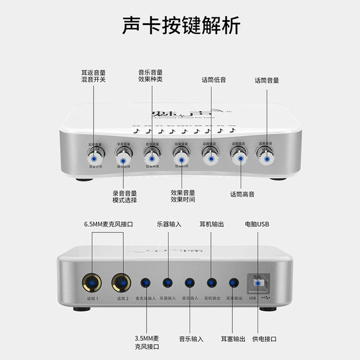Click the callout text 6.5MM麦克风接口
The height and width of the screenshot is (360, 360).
(x=108, y=224)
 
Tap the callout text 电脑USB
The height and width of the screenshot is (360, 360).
(x=257, y=224)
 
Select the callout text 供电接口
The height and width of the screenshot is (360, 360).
(x=264, y=339)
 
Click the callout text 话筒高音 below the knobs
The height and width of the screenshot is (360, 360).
(x=242, y=194)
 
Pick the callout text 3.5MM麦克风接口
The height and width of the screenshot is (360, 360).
(x=147, y=342)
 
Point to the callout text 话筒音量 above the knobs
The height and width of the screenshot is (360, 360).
(x=267, y=81)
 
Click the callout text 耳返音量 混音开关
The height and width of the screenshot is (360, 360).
(x=93, y=76)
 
